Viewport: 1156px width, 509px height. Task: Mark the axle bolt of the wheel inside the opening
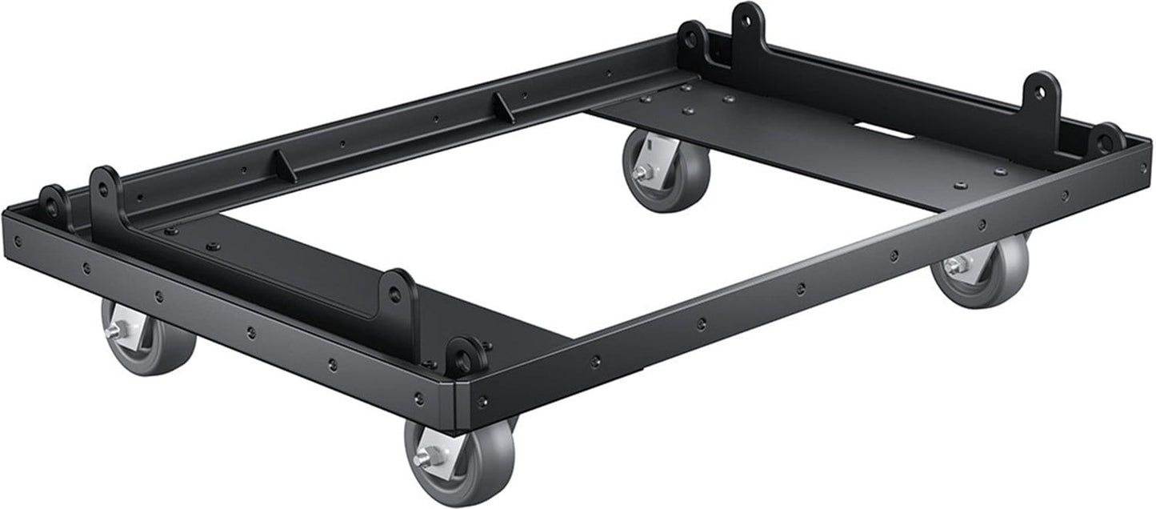tap(640, 172)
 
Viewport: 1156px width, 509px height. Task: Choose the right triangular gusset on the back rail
tap(503, 107)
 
